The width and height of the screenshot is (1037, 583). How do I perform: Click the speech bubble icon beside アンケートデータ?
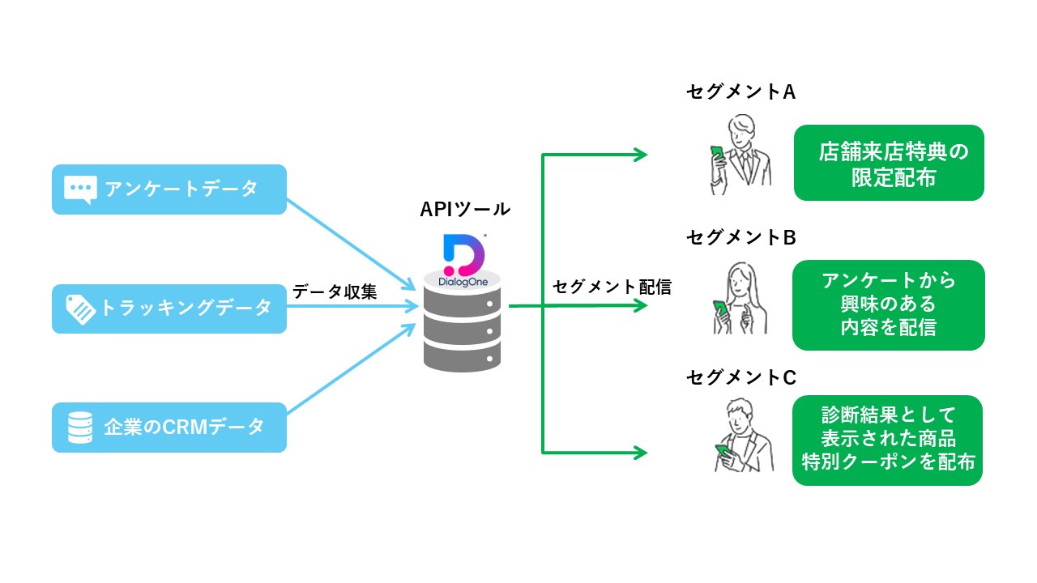click(x=80, y=189)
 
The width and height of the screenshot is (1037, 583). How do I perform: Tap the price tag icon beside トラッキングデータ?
click(x=80, y=309)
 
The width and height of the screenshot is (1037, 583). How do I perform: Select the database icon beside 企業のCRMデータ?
click(x=80, y=428)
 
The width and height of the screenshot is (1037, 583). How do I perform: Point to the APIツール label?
click(x=465, y=209)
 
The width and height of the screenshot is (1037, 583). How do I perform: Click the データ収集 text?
click(x=335, y=291)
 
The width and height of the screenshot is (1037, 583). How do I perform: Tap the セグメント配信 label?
click(x=612, y=287)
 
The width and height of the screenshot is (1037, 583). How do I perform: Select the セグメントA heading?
click(x=740, y=91)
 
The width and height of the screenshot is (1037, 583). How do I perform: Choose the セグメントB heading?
click(x=740, y=237)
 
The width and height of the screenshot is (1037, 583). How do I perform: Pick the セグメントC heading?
click(x=740, y=377)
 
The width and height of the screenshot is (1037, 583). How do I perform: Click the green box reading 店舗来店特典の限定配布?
click(x=889, y=163)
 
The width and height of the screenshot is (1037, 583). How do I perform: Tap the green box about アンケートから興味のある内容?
click(x=889, y=305)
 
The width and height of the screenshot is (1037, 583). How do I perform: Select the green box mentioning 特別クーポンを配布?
click(x=887, y=440)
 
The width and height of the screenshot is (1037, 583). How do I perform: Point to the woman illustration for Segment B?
click(x=740, y=299)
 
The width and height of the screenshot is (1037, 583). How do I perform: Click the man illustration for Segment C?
click(x=744, y=436)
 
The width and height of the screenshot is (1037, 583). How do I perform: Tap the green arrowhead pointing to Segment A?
click(x=640, y=155)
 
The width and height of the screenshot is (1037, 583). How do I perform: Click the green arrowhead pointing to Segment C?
click(x=640, y=453)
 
